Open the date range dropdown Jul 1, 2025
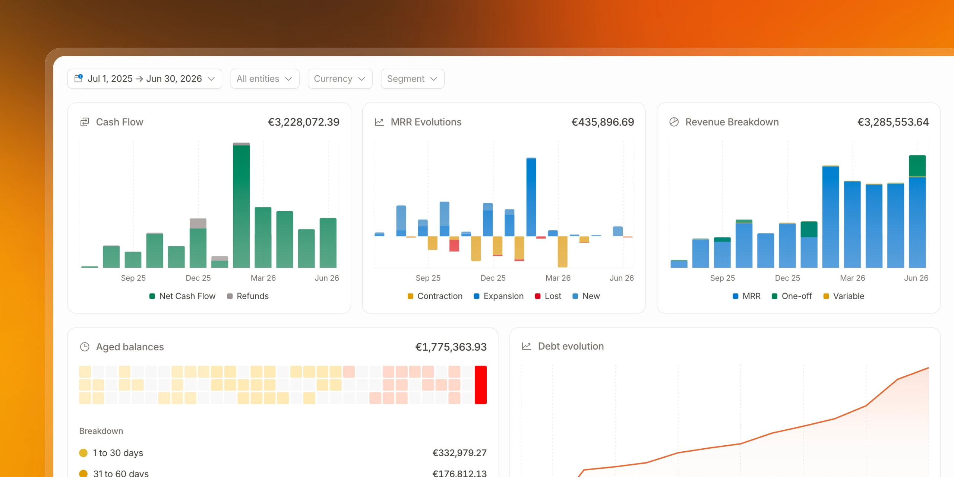coord(145,79)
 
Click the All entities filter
coord(265,79)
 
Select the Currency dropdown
coord(340,79)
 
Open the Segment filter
coord(413,79)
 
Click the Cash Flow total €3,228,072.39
coord(304,122)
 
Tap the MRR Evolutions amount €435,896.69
coord(603,122)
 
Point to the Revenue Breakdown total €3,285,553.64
coord(893,122)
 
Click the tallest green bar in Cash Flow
coord(241,206)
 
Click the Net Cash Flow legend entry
coord(182,296)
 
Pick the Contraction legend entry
coord(435,296)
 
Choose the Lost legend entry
coord(548,296)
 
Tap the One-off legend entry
coord(792,296)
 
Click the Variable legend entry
coord(844,296)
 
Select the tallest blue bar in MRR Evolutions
coord(531,197)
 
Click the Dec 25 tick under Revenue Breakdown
coord(787,278)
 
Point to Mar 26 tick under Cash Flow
coord(263,278)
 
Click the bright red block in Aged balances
coord(481,385)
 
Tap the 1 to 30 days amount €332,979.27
coord(459,453)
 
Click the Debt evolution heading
coord(571,346)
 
